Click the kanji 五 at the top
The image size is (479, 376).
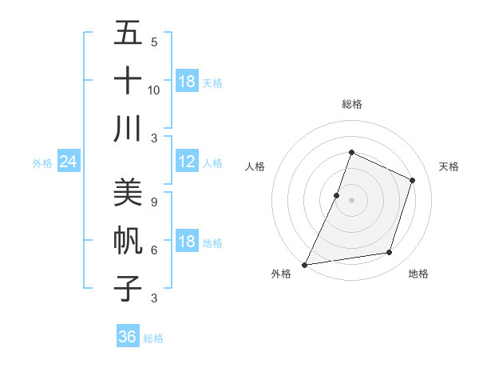(128, 33)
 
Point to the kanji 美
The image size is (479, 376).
(128, 192)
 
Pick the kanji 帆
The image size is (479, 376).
(128, 240)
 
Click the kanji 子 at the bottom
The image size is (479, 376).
(128, 288)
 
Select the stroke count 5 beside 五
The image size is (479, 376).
(153, 42)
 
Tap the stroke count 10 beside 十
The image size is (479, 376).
(154, 90)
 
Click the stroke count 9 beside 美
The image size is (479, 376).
(153, 202)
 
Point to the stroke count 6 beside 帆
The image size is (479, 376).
(153, 250)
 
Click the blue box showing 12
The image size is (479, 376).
(187, 162)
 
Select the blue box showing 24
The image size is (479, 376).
(68, 162)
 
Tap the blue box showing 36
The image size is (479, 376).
(127, 337)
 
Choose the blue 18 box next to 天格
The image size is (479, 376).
(187, 82)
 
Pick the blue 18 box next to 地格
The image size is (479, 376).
(187, 242)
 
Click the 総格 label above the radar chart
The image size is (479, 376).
(351, 104)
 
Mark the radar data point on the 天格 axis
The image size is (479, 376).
(413, 180)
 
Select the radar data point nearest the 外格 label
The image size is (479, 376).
(304, 265)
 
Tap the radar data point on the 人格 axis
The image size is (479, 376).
(337, 195)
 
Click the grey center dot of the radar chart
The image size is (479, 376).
(351, 200)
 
